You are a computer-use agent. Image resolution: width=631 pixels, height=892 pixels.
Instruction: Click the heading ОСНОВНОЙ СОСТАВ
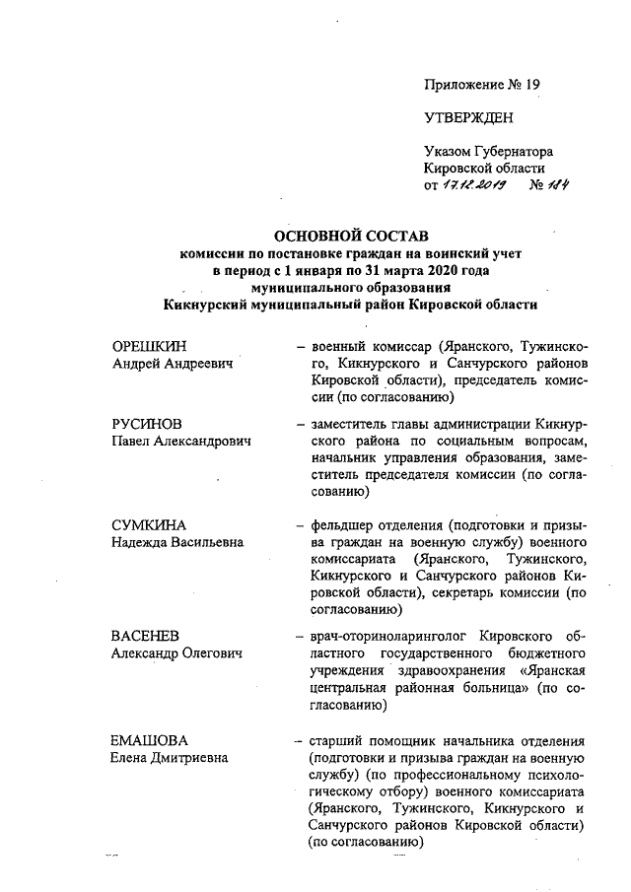pos(351,237)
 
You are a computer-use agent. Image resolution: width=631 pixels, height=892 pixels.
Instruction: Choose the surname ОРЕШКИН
pos(149,346)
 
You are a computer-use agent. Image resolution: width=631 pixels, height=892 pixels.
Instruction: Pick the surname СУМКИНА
pos(149,524)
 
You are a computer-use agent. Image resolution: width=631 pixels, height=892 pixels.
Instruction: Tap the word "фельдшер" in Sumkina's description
pos(340,524)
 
